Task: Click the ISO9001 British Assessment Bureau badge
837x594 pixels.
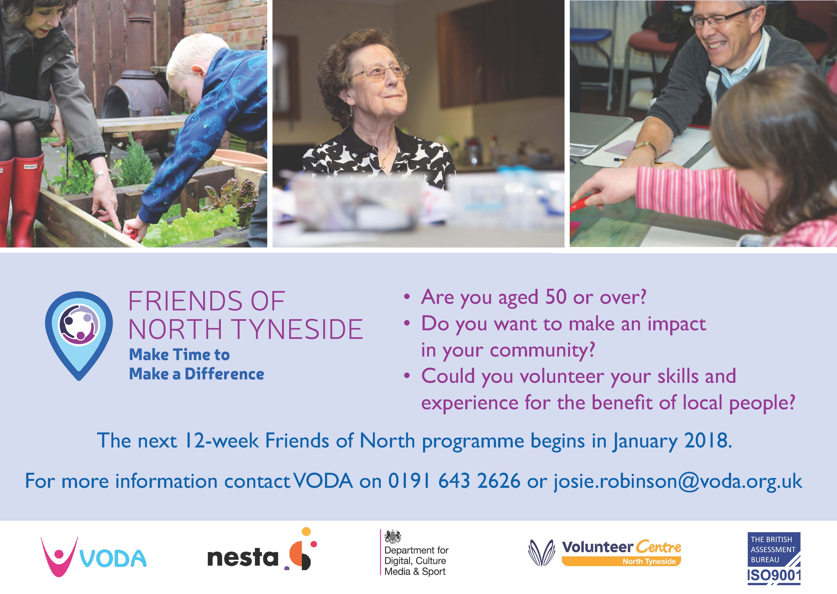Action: [774, 558]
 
